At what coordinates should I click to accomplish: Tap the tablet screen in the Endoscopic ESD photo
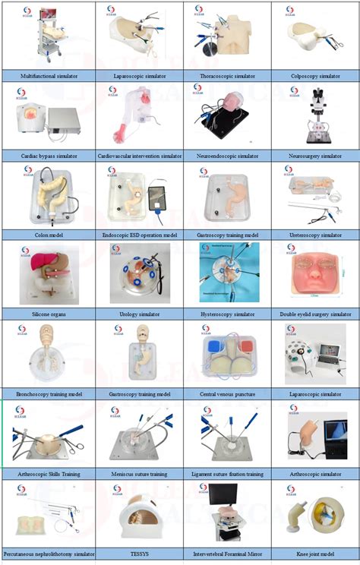point(160,200)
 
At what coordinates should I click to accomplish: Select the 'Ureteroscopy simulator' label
point(315,235)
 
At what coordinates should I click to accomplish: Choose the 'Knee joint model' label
point(315,553)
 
